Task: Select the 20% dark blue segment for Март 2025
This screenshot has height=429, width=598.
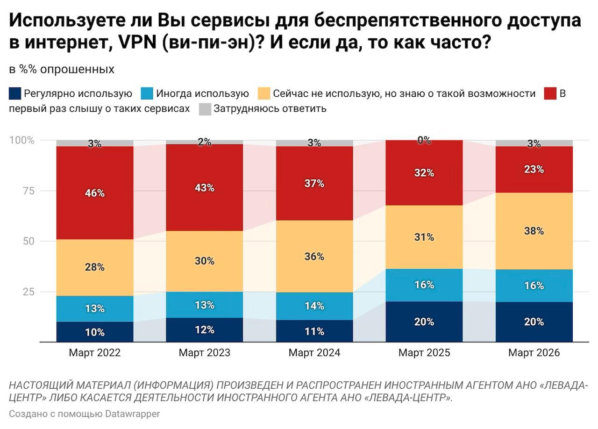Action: click(x=424, y=322)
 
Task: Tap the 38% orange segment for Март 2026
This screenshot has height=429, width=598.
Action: click(x=534, y=231)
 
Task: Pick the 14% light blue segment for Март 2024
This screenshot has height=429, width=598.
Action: click(x=314, y=306)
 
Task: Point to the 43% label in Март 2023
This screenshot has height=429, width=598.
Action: click(x=205, y=188)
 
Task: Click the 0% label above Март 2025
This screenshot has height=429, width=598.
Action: click(x=424, y=140)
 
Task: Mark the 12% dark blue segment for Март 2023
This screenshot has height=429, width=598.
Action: click(x=205, y=330)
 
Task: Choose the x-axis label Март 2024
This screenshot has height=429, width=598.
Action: click(x=314, y=353)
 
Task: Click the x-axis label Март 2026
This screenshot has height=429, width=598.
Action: click(x=534, y=353)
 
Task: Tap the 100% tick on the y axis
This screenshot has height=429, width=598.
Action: click(x=22, y=140)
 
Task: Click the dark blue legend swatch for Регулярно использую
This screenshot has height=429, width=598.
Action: click(x=15, y=93)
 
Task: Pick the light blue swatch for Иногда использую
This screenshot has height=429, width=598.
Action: click(x=147, y=93)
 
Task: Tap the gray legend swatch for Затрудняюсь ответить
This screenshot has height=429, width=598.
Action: click(x=205, y=109)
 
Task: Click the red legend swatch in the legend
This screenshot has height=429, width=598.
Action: click(x=551, y=93)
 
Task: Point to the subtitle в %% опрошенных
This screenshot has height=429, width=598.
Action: click(x=62, y=70)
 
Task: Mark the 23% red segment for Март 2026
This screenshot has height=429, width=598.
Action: click(x=534, y=170)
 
